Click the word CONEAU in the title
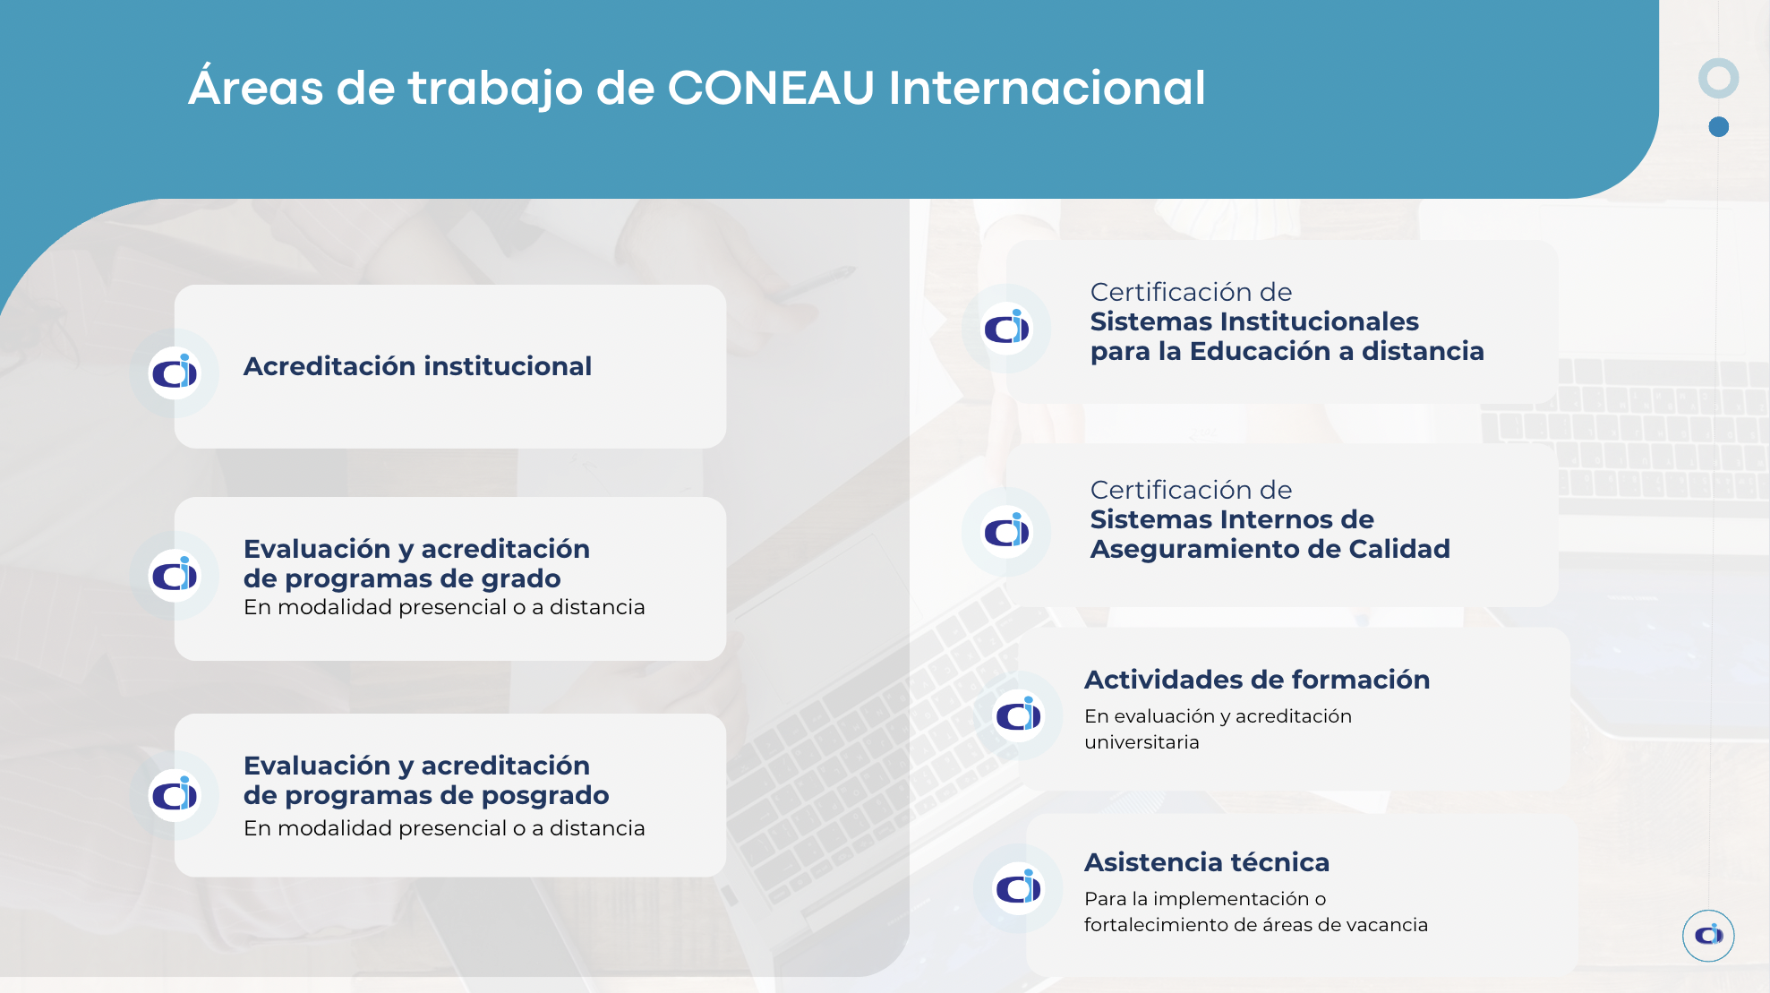pos(771,88)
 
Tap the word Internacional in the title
pos(1047,88)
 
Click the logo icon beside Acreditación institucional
pos(175,372)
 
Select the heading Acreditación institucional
pos(417,366)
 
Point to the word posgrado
pos(545,796)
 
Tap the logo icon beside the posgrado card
pos(175,795)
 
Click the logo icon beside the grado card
pos(175,575)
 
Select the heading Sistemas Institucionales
pos(1254,321)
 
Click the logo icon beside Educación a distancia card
pos(1006,329)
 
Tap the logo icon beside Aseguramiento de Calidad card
pos(1006,532)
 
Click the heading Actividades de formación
pos(1257,680)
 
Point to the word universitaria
pos(1142,742)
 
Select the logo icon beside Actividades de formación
pos(1019,715)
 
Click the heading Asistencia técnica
pos(1207,862)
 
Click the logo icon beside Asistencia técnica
pos(1019,888)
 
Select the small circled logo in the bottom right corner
pos(1708,936)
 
